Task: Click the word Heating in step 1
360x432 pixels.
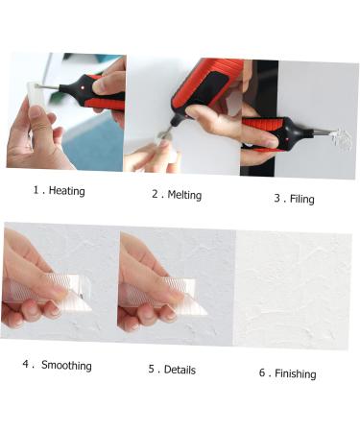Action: [x=67, y=191]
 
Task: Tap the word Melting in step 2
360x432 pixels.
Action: [x=184, y=195]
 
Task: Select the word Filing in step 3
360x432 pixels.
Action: [x=302, y=199]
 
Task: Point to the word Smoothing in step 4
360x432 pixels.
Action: [x=66, y=365]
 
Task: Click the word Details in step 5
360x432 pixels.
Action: [x=180, y=370]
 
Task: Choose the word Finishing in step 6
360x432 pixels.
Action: [x=296, y=373]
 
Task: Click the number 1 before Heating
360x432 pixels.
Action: [x=36, y=190]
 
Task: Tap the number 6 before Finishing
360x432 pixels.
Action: [x=262, y=372]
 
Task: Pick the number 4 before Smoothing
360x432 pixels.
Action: [x=26, y=364]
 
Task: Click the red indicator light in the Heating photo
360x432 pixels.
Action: [x=83, y=87]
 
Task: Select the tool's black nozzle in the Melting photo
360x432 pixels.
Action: [x=177, y=120]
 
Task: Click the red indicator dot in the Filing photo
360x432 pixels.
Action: [x=287, y=139]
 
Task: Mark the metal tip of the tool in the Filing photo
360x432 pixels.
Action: [x=324, y=132]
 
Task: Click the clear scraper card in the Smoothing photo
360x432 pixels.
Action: [x=50, y=292]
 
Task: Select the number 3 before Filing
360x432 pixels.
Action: [x=277, y=198]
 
